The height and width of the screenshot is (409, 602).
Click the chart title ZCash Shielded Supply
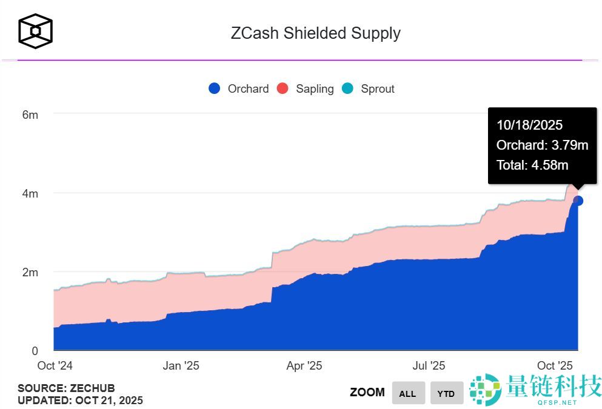[x=315, y=33]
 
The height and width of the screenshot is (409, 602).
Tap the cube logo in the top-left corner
[x=35, y=31]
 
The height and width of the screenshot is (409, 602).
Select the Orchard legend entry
[x=239, y=88]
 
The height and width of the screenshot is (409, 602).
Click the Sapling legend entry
[x=306, y=88]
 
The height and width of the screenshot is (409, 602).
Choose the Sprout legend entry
[x=369, y=88]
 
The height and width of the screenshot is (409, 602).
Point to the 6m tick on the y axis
[x=30, y=115]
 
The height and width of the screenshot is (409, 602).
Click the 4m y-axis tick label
[x=30, y=194]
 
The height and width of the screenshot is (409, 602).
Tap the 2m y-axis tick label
[x=30, y=273]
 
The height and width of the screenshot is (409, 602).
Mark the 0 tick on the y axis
[x=35, y=351]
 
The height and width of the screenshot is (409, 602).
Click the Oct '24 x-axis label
[x=55, y=365]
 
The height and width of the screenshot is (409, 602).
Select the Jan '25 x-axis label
[x=181, y=365]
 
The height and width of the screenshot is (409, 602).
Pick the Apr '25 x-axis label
[x=304, y=365]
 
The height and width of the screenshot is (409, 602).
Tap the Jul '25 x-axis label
[x=429, y=365]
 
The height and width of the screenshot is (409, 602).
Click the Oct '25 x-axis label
[x=555, y=365]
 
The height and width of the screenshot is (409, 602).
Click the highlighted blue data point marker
[x=578, y=201]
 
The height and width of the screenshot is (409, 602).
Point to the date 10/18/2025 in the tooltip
[x=529, y=125]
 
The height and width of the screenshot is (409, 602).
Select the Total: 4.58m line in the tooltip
[x=532, y=164]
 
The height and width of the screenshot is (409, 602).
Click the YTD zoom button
[x=446, y=393]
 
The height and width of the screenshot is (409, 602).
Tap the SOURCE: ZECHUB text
[x=66, y=388]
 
